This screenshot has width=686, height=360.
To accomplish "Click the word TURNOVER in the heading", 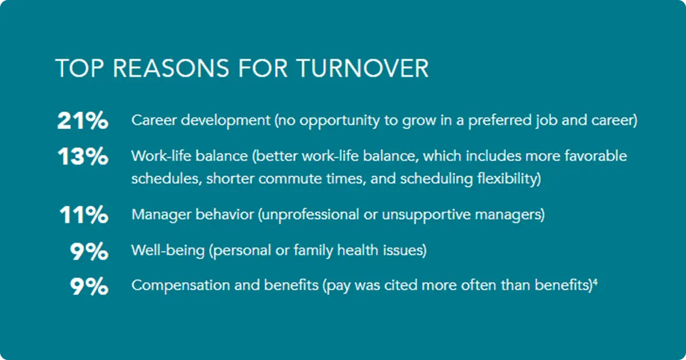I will point(362,69).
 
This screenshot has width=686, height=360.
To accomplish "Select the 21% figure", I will point(82,122).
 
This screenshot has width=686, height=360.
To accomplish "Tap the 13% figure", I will point(83,157).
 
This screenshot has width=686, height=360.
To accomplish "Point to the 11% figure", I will point(83,215).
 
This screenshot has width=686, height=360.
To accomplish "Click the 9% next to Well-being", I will point(89,252).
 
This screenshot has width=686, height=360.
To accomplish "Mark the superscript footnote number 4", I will point(595,282).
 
